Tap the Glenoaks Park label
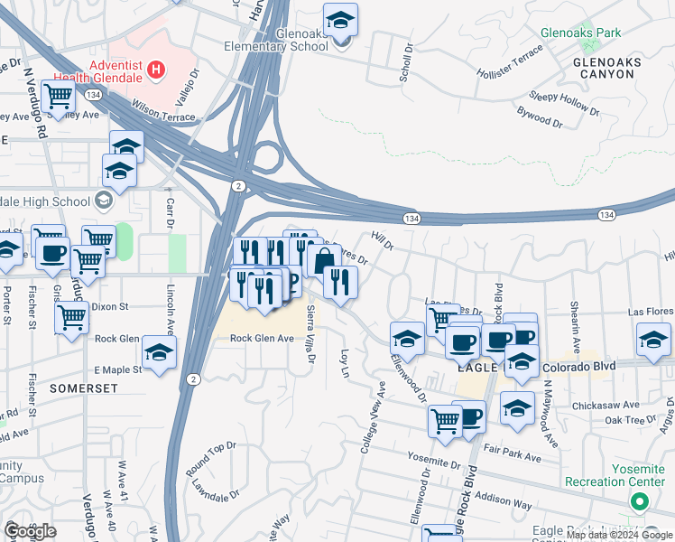click(x=580, y=33)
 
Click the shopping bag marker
click(x=322, y=260)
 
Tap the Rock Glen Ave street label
click(x=262, y=338)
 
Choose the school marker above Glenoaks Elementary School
click(x=341, y=19)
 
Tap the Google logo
click(x=30, y=531)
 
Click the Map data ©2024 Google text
click(x=617, y=535)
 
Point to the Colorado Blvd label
click(x=583, y=368)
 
